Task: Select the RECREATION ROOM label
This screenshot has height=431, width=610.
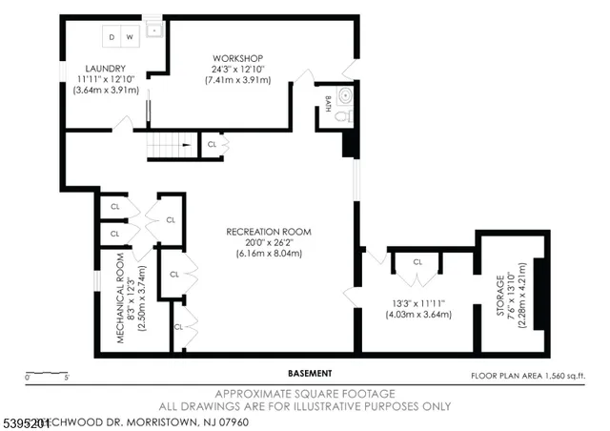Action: tap(269, 231)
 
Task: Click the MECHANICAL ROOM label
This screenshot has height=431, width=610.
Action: tap(121, 298)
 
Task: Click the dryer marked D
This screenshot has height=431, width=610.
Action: tap(112, 35)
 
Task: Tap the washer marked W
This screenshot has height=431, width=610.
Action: tap(130, 35)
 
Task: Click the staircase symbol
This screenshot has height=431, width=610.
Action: tap(169, 145)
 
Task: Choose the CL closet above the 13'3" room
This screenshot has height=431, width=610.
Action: tap(417, 261)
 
